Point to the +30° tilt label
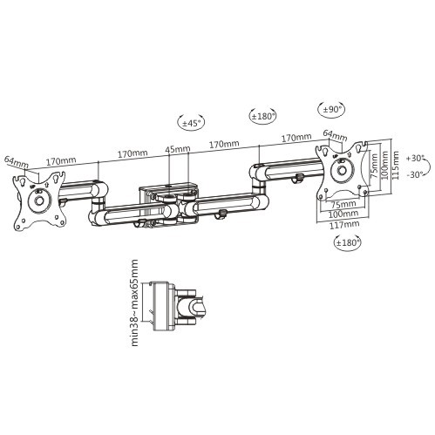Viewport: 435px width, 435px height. (x=418, y=158)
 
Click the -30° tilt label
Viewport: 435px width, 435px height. (x=418, y=174)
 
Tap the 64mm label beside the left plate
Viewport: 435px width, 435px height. (x=16, y=163)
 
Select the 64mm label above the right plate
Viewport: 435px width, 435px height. (x=333, y=134)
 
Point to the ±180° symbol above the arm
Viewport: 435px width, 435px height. (x=262, y=115)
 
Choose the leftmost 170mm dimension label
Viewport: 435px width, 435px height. (x=59, y=161)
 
